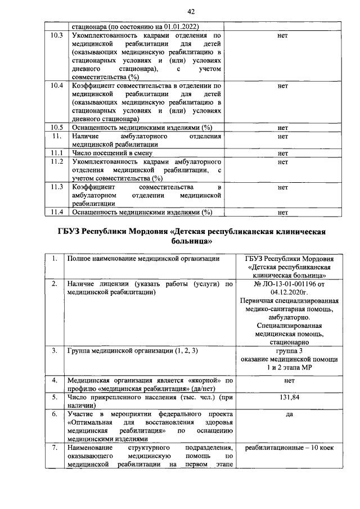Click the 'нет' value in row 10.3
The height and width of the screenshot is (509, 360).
click(283, 35)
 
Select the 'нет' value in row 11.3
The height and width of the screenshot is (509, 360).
click(283, 187)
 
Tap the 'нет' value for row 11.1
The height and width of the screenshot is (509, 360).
click(283, 153)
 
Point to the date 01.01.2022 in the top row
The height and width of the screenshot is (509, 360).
click(175, 26)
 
